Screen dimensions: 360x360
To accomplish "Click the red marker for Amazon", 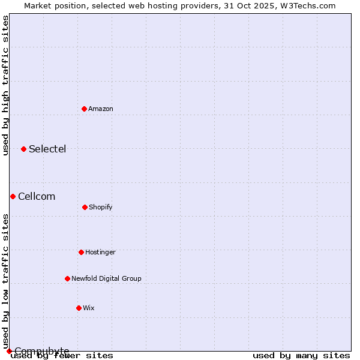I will click(x=84, y=109).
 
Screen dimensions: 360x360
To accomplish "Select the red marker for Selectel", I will click(x=23, y=149).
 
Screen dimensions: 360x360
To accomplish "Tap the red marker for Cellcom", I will click(x=13, y=196).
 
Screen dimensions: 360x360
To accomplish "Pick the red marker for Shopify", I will click(x=85, y=207).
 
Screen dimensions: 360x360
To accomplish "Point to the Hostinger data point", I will click(x=81, y=252).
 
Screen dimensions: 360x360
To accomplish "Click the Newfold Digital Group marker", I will click(x=67, y=278).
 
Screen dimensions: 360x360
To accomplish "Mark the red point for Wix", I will click(x=79, y=308).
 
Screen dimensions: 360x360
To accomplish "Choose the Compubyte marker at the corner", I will click(x=9, y=351).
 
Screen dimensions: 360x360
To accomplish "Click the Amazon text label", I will click(x=101, y=109).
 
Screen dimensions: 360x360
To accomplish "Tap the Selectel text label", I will click(x=47, y=149).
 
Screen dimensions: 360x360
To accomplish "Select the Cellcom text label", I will click(x=37, y=196).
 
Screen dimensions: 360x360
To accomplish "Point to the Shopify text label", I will click(x=101, y=207).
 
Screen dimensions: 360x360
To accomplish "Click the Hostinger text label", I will click(x=100, y=252).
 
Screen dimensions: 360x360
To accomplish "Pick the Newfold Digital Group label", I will click(x=106, y=278).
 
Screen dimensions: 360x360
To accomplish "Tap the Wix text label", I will click(x=89, y=308).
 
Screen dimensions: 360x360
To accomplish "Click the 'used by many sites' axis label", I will click(x=301, y=355).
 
